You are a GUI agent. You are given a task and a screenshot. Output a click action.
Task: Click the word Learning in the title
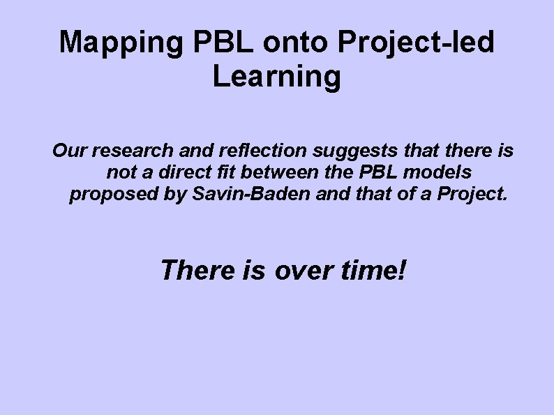277,77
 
